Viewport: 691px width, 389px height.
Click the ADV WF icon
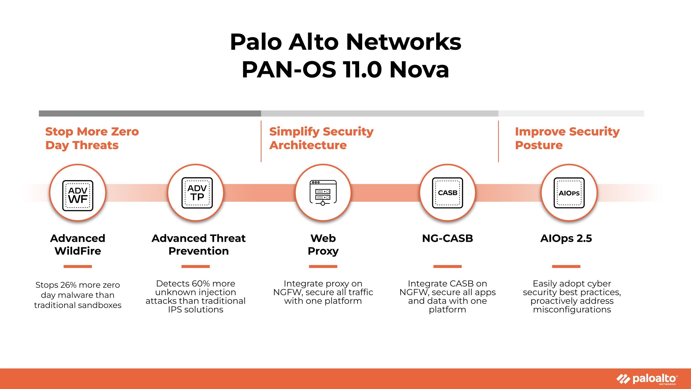pos(78,195)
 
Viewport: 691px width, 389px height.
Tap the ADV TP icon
pos(197,193)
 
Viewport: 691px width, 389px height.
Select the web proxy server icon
pos(323,193)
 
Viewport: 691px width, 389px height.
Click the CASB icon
pos(447,193)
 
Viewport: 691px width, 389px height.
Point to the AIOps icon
pos(569,193)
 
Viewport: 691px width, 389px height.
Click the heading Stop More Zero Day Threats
pos(92,138)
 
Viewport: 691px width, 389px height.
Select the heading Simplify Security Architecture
pos(321,138)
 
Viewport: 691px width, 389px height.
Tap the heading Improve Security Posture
pos(567,138)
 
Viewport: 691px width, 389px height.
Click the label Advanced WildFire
pos(78,245)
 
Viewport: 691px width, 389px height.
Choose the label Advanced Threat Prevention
pos(199,245)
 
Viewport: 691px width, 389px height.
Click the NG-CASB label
pos(447,238)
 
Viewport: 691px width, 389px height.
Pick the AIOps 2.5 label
pos(566,238)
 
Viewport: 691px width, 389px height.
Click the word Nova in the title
pos(419,70)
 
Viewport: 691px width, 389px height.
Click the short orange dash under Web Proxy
pos(323,266)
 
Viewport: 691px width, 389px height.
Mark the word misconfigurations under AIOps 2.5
pos(572,310)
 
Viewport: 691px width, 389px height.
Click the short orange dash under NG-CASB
pos(447,266)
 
